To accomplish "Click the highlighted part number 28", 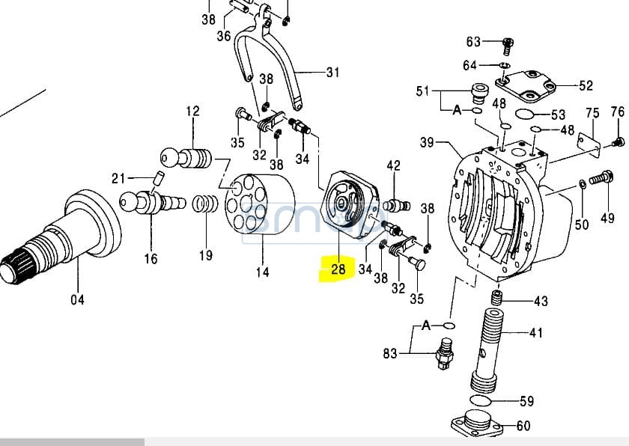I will tap(338, 268).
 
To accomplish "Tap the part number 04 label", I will tap(77, 300).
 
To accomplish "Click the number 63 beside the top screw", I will tap(473, 41).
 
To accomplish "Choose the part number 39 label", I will tap(427, 142).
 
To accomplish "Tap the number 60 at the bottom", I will tap(523, 426).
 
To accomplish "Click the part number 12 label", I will tap(192, 111).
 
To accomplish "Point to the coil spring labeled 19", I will tap(204, 204).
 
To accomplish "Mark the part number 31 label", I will tap(332, 73).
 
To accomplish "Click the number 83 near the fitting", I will tap(389, 353).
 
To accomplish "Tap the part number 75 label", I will tap(592, 113).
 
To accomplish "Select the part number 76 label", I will tap(617, 111).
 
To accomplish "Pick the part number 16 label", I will tap(151, 259).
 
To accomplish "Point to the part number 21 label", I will tap(118, 177).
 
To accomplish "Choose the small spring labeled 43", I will tap(495, 299).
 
